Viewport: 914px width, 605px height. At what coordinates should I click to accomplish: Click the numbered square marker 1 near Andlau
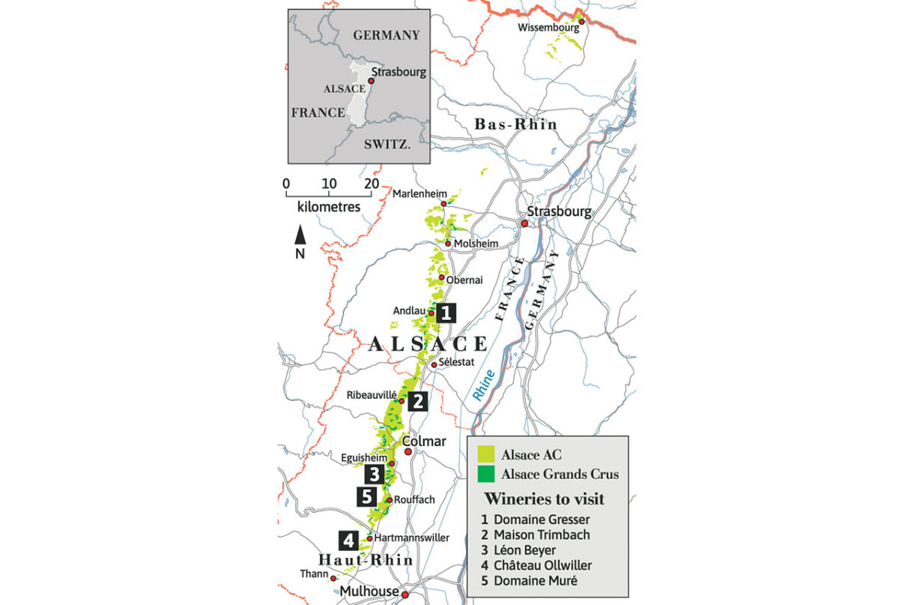click(447, 313)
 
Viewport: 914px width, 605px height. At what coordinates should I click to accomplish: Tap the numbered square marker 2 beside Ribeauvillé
click(417, 402)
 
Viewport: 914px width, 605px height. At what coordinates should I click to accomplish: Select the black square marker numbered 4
click(347, 540)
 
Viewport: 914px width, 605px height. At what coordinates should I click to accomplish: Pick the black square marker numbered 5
click(366, 496)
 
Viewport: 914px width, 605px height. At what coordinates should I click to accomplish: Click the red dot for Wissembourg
click(581, 22)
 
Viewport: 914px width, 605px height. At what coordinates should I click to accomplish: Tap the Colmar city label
click(424, 442)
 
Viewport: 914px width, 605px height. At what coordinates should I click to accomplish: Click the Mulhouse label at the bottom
click(369, 592)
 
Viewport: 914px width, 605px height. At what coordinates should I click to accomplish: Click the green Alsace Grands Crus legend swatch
click(487, 474)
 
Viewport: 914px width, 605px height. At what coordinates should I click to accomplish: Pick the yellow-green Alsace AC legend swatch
click(487, 454)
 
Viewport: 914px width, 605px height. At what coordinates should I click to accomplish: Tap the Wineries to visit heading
click(545, 499)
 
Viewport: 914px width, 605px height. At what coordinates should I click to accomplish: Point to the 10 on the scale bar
click(328, 184)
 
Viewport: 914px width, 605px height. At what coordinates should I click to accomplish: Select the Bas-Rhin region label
click(516, 124)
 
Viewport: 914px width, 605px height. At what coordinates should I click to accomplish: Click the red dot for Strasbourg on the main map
click(525, 223)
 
